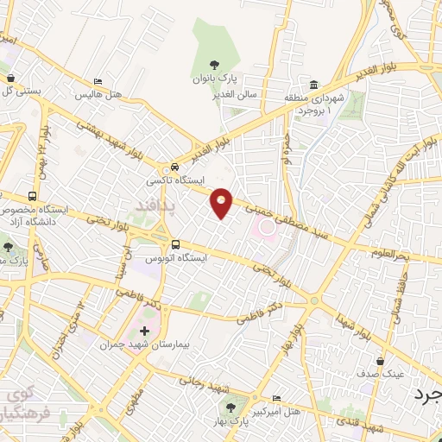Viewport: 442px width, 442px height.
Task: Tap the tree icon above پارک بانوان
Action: (x=214, y=66)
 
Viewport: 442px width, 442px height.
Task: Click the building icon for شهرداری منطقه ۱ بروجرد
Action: (x=313, y=85)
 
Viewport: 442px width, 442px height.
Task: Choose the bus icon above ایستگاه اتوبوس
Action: (x=176, y=244)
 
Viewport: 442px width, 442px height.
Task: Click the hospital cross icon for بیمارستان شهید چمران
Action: (x=143, y=331)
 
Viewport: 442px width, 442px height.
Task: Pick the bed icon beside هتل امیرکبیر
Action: (x=276, y=398)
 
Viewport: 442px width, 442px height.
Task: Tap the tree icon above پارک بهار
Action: (x=230, y=405)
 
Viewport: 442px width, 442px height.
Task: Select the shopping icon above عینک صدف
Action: (x=381, y=361)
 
